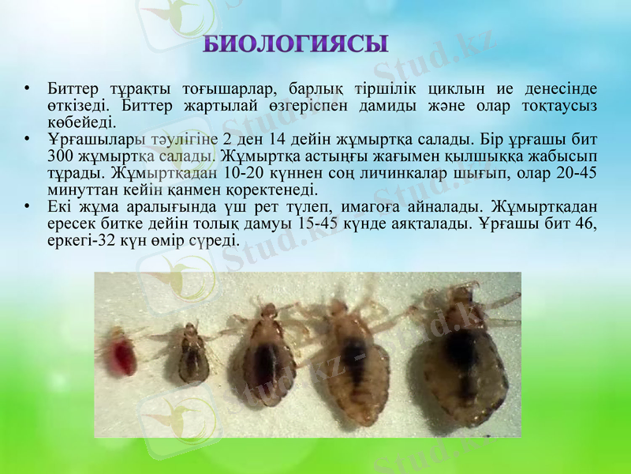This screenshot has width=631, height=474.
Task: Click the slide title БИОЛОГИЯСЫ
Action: pos(296,44)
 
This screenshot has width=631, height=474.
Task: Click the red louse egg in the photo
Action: pos(122,353)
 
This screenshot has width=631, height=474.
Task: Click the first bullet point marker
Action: pos(28,87)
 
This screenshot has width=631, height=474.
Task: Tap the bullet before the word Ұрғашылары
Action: pos(28,139)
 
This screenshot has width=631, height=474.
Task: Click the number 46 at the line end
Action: pos(585,224)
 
